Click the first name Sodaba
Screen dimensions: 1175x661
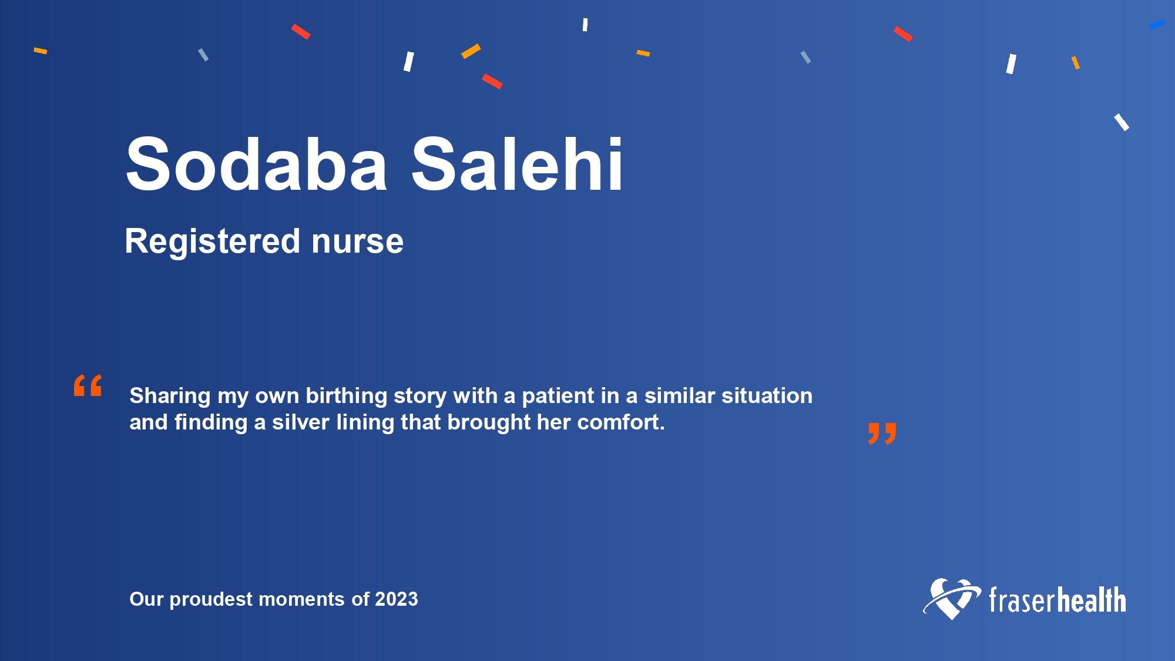click(257, 164)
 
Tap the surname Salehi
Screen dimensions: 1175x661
click(517, 164)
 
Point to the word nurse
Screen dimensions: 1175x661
click(357, 242)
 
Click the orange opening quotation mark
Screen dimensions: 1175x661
click(88, 385)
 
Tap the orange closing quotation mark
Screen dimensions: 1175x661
click(882, 434)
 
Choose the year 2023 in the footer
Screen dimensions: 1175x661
click(397, 599)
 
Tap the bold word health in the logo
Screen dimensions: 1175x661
click(1092, 600)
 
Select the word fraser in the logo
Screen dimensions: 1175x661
click(1023, 600)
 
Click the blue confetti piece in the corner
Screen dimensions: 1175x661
click(1157, 25)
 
